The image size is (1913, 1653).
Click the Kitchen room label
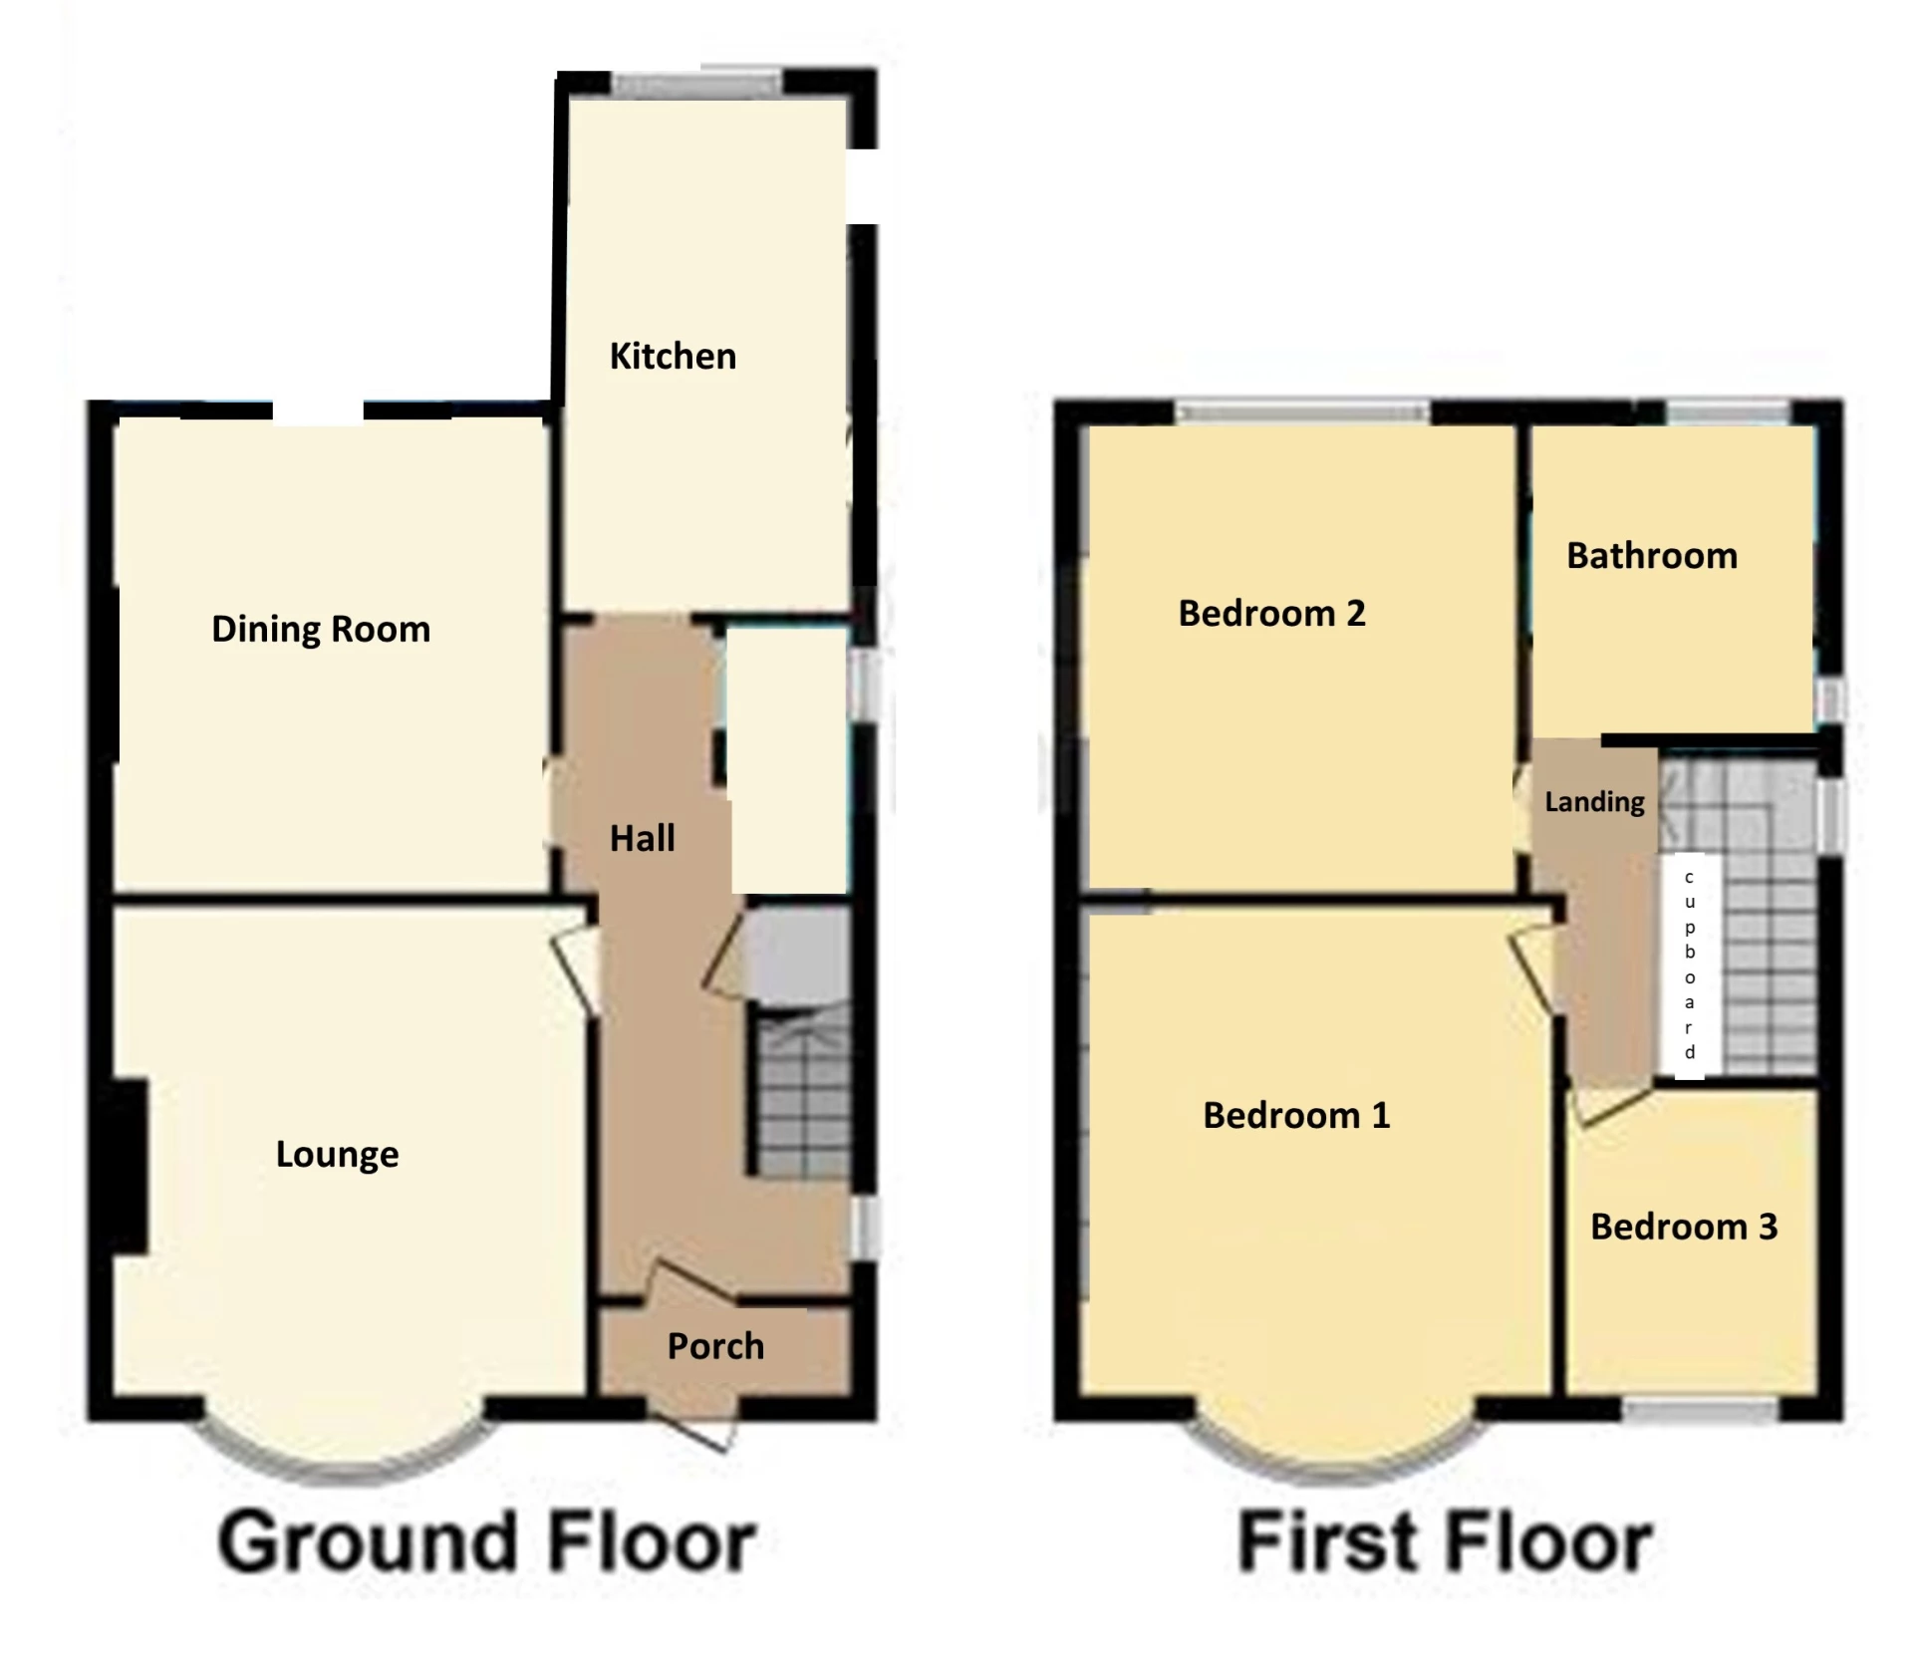pyautogui.click(x=673, y=356)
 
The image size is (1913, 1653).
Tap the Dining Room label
pyautogui.click(x=321, y=629)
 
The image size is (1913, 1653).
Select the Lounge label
pyautogui.click(x=337, y=1154)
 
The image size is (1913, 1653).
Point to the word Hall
pyautogui.click(x=642, y=838)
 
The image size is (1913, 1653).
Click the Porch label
pyautogui.click(x=715, y=1346)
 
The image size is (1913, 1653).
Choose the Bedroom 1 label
pyautogui.click(x=1296, y=1115)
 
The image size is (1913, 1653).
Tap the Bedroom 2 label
pyautogui.click(x=1271, y=613)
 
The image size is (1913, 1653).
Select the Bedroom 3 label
pyautogui.click(x=1684, y=1227)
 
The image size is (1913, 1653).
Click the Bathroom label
pyautogui.click(x=1652, y=555)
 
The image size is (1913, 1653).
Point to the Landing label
pyautogui.click(x=1594, y=802)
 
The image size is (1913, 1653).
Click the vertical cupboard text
pyautogui.click(x=1690, y=964)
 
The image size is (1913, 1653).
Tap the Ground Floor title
pyautogui.click(x=487, y=1541)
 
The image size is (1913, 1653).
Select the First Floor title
pyautogui.click(x=1445, y=1541)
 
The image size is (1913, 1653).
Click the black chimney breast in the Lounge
pyautogui.click(x=130, y=1167)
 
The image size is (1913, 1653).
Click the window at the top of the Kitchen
pyautogui.click(x=696, y=85)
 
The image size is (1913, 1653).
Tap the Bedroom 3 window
pyautogui.click(x=1700, y=1408)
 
